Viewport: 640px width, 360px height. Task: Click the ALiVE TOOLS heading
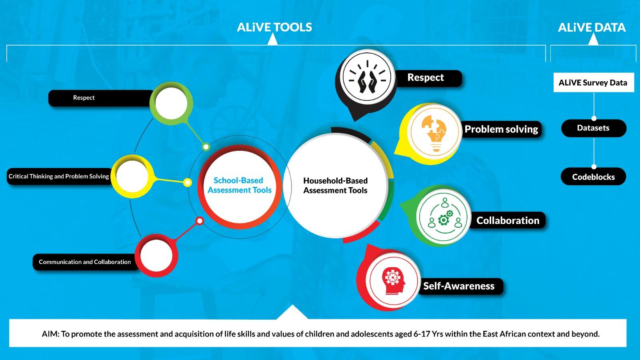(274, 28)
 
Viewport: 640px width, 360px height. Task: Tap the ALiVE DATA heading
(592, 28)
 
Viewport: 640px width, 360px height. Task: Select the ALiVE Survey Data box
(594, 82)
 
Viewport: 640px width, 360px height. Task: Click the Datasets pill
(594, 128)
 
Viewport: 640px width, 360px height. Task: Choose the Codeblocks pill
(594, 176)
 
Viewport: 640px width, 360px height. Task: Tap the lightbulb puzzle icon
(434, 132)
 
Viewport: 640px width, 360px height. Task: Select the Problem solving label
(502, 129)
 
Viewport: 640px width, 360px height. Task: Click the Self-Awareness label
(459, 286)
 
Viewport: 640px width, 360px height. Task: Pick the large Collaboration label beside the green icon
(508, 220)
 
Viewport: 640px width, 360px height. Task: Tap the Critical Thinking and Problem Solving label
(58, 176)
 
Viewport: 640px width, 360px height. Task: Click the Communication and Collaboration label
(85, 262)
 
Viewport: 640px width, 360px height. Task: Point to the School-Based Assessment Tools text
(240, 185)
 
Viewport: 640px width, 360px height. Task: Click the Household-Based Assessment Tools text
(336, 186)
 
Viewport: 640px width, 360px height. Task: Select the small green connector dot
(206, 147)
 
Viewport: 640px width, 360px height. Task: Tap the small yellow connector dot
(188, 182)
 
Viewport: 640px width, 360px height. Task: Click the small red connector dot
(200, 221)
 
